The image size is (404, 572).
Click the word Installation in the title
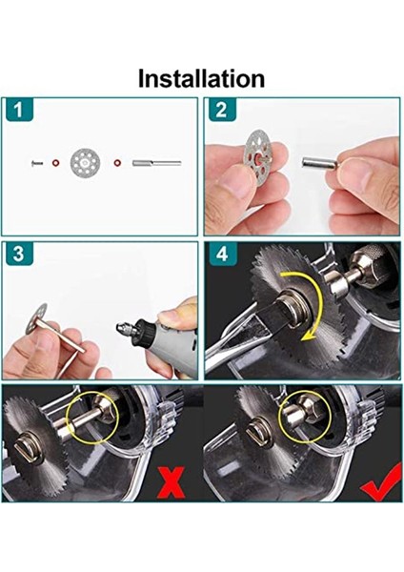pyautogui.click(x=201, y=77)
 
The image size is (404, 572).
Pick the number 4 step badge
pyautogui.click(x=220, y=255)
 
